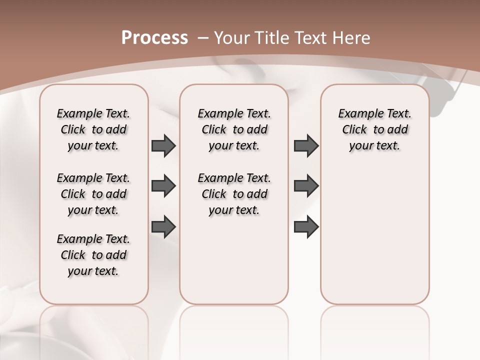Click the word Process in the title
(x=154, y=38)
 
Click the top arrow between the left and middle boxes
(x=163, y=145)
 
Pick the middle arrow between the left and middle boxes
(x=163, y=186)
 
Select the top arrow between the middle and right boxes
(x=306, y=145)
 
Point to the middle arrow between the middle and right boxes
(x=306, y=186)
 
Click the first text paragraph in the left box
(x=93, y=129)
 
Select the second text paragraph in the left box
(x=93, y=194)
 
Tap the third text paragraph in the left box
(x=93, y=255)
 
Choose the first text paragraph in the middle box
(x=234, y=129)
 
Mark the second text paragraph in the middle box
(x=234, y=194)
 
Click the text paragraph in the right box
(x=375, y=129)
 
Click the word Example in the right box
(x=358, y=114)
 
